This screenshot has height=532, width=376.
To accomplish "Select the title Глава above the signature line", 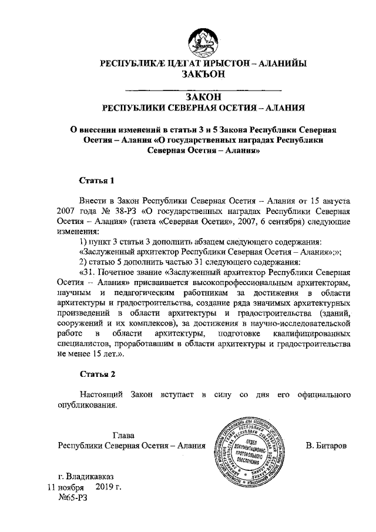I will tap(123, 435).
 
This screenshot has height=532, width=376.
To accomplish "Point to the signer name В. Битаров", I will tap(326, 446).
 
